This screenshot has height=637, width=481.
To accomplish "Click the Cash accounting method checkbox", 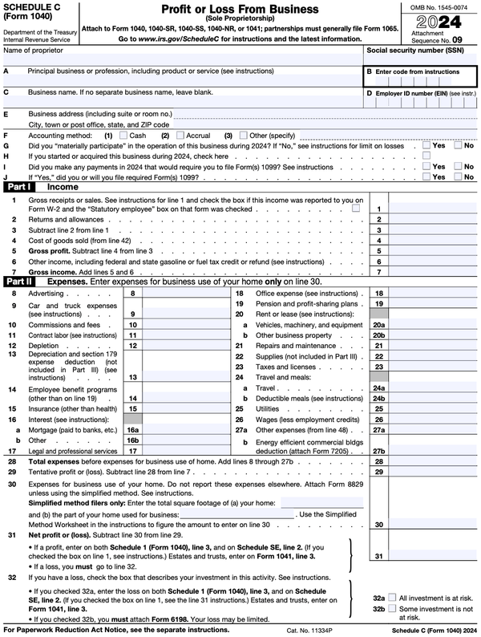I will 123,136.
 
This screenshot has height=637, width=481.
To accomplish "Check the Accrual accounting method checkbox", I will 179,136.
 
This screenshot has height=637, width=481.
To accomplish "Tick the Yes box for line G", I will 426,145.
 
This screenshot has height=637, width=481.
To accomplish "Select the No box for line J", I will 458,176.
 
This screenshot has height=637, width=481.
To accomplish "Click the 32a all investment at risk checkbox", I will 392,598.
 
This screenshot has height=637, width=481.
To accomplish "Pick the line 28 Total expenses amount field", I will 432,462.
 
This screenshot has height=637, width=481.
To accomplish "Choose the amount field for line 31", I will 432,555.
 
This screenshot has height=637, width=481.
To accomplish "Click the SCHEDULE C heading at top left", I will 31,7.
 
